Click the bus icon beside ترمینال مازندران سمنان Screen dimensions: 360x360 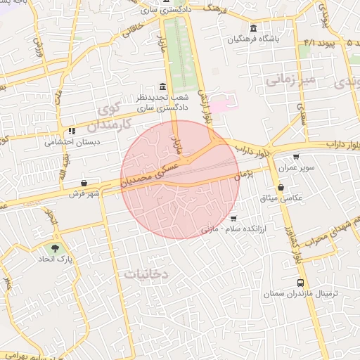[x=300, y=281]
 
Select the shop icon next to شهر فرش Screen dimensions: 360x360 [x=84, y=183]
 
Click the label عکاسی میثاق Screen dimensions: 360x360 [x=281, y=198]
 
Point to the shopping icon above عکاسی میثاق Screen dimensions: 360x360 [x=281, y=187]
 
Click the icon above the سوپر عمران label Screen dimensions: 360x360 [x=296, y=157]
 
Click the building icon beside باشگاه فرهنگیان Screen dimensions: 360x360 [x=253, y=28]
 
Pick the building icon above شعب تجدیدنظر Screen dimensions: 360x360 [x=162, y=86]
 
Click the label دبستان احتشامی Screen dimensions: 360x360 [x=71, y=141]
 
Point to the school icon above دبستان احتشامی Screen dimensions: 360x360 [x=71, y=130]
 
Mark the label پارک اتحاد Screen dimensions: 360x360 [x=56, y=259]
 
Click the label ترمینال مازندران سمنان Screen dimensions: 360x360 [x=300, y=292]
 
